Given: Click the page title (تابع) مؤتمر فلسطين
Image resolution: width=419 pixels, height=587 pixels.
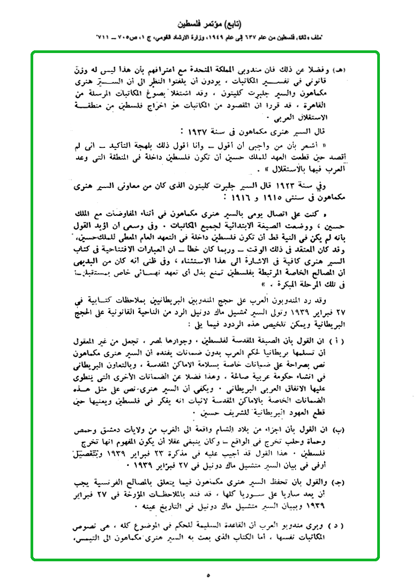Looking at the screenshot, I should [x=209, y=24].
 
